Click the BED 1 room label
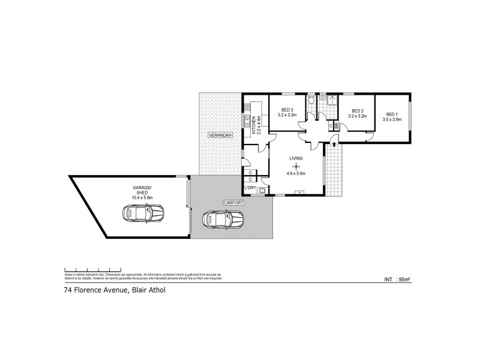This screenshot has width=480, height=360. click(392, 114)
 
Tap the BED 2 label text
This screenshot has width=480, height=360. click(358, 110)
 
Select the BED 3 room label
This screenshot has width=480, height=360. click(287, 110)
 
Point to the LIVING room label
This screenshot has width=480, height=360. click(296, 158)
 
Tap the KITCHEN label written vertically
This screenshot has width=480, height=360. click(254, 125)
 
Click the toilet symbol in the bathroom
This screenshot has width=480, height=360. click(311, 100)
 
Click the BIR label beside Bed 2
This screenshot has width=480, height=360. click(337, 125)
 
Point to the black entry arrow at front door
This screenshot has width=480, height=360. click(334, 145)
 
